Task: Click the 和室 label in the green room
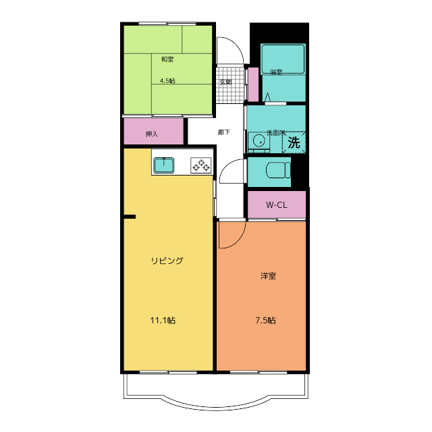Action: pos(167,59)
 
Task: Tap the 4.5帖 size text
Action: pos(167,81)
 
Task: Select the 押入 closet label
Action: pos(152,134)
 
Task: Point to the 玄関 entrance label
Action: pos(225,82)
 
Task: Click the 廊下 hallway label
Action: pos(223,132)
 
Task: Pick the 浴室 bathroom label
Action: pos(276,72)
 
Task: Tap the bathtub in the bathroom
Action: pos(283,59)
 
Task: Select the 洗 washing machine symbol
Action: pos(294,142)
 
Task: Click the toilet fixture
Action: pos(278,170)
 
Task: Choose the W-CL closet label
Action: pos(277,205)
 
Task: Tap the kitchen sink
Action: pos(163,165)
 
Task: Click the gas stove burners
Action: pos(201,165)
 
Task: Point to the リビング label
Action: pos(167,261)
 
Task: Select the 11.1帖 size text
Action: pos(163,321)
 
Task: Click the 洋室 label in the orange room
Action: pos(269,276)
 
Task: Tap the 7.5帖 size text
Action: pos(265,321)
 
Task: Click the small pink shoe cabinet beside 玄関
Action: pos(253,84)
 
